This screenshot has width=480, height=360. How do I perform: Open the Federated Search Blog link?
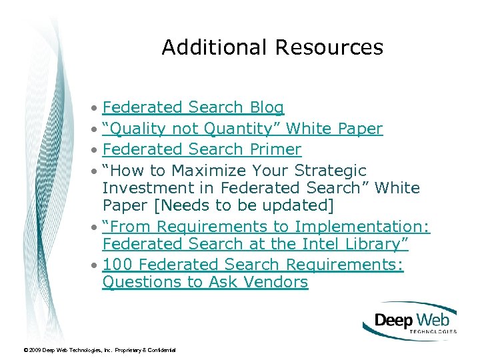193,107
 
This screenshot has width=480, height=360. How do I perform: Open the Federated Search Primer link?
202,149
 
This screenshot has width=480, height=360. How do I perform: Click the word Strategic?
331,170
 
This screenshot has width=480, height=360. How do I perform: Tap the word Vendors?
275,282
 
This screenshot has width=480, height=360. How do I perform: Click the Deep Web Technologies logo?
410,321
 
